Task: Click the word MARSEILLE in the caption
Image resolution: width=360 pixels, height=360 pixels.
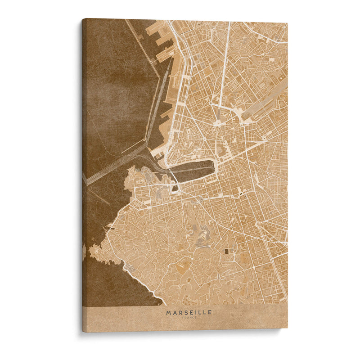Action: (x=189, y=312)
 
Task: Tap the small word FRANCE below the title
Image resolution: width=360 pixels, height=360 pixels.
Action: (x=189, y=318)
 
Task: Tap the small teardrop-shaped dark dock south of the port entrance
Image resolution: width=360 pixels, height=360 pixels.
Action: (x=175, y=188)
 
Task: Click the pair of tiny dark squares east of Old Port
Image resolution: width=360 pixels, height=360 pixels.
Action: (x=241, y=193)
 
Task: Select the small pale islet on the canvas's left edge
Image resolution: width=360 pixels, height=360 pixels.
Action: (x=84, y=252)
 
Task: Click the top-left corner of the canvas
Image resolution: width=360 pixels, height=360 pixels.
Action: (x=83, y=19)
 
